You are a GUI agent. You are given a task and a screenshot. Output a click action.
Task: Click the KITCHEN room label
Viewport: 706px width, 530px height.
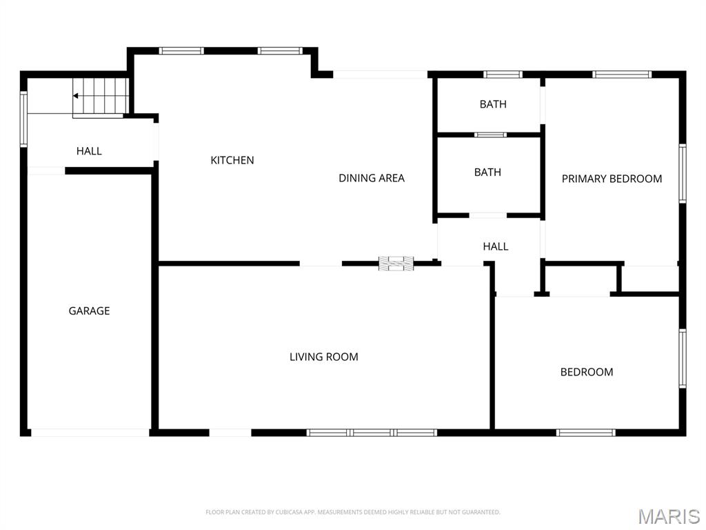pos(232,160)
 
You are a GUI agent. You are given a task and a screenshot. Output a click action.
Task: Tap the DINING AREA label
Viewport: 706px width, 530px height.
pos(371,178)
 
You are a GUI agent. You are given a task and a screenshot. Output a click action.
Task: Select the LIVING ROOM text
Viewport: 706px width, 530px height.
pos(323,357)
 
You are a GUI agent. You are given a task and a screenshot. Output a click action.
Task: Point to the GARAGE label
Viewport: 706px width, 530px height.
pos(89,311)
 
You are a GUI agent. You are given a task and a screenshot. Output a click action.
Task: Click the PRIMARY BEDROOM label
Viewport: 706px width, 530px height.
pos(612,179)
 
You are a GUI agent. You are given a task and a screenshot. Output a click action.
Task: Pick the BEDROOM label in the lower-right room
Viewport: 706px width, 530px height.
pos(586,372)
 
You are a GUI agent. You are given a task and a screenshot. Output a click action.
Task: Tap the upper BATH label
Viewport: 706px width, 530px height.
pos(493,104)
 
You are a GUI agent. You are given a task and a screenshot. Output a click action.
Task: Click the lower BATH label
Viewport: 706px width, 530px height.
pos(487,172)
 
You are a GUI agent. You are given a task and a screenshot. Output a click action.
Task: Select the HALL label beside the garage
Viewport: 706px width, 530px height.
pos(89,151)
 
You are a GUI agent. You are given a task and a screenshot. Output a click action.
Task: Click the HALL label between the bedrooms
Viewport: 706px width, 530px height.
pos(495,246)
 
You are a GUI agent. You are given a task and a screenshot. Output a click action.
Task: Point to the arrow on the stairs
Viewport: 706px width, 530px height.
pos(77,96)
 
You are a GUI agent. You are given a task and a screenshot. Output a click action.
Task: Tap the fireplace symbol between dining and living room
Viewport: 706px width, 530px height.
pos(396,262)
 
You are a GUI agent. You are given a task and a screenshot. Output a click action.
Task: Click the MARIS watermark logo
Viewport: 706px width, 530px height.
pos(668,516)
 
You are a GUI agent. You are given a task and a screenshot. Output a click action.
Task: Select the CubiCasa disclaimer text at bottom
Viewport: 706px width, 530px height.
pos(352,512)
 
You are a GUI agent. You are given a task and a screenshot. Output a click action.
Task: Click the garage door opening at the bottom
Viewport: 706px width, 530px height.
pos(90,433)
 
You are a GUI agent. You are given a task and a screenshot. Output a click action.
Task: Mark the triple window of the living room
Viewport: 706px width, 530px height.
pos(372,433)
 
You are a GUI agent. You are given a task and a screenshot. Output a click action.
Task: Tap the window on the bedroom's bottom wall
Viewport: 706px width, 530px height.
pos(585,433)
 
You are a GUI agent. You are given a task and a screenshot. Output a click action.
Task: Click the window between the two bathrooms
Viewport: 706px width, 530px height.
pos(490,135)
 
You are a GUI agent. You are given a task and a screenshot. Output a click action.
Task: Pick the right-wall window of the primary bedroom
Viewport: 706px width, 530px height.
pos(683,173)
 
